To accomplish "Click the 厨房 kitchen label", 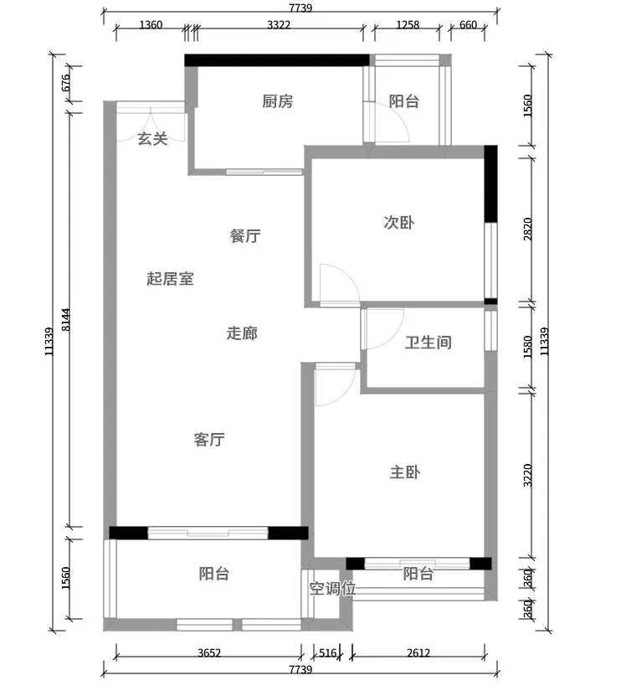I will [x=278, y=102].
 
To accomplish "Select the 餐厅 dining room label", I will [x=245, y=236].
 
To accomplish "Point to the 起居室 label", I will [x=170, y=279].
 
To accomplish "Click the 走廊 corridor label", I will [x=242, y=333].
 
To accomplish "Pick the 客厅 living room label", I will [x=209, y=440].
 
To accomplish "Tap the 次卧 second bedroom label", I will [x=398, y=223].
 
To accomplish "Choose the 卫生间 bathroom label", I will [x=429, y=343].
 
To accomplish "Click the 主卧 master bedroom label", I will [x=405, y=472].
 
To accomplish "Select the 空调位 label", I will [x=332, y=589].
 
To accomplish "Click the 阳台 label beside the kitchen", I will [x=403, y=102].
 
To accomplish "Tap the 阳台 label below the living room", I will [x=214, y=574].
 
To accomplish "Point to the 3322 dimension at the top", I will [x=279, y=25].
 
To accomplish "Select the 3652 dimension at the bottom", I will [x=209, y=653].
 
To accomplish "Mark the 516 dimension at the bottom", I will [x=328, y=653].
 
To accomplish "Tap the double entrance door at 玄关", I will [x=151, y=116].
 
